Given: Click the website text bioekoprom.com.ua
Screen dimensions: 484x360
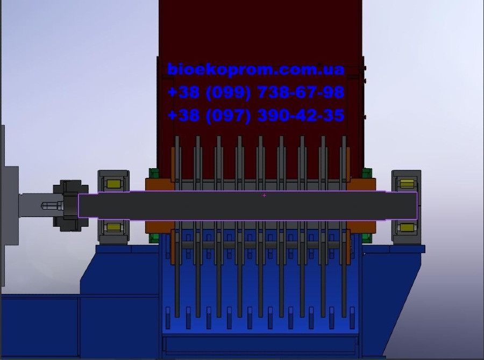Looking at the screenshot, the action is (x=255, y=69).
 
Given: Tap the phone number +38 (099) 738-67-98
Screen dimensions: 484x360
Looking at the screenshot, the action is (x=256, y=92).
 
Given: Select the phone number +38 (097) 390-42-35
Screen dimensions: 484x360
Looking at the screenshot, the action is (x=256, y=116).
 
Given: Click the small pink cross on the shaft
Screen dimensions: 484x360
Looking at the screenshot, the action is (x=264, y=195).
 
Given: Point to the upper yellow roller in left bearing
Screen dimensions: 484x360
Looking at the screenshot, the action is (x=113, y=184).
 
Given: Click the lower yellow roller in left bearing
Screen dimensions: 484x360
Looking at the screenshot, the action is (x=113, y=228).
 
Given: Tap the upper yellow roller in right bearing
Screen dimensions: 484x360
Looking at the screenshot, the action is (x=407, y=184).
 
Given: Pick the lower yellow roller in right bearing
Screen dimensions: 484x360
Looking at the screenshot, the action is (x=407, y=228).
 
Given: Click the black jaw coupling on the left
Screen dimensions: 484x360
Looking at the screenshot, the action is (x=70, y=206).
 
